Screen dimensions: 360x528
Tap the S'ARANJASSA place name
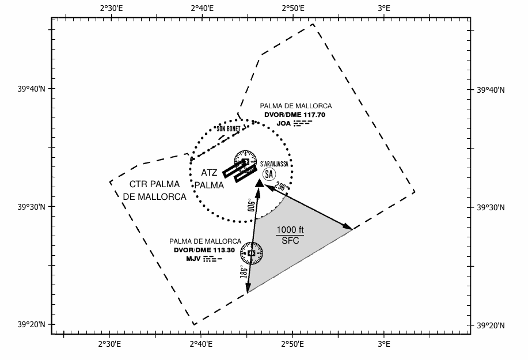274,164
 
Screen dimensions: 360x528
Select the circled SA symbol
269,173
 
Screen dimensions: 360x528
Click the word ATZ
210,172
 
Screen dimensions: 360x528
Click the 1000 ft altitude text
290,230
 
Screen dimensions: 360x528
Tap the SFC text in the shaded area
290,241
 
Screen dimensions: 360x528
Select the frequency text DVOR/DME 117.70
295,115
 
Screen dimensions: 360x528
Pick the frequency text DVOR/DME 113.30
205,250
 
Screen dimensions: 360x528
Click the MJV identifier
192,259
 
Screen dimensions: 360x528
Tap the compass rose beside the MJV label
252,253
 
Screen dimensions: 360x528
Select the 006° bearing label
250,204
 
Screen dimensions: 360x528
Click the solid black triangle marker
260,183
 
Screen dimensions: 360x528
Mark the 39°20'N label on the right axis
490,325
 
